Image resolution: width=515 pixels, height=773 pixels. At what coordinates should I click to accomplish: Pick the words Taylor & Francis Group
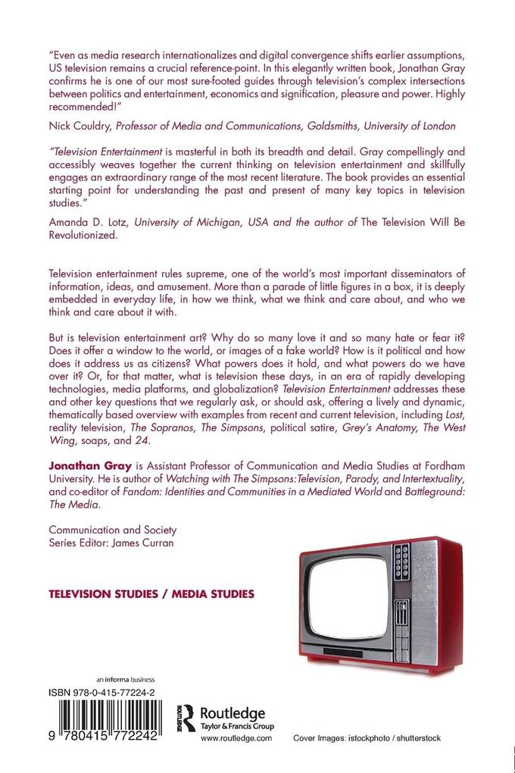coord(232,727)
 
